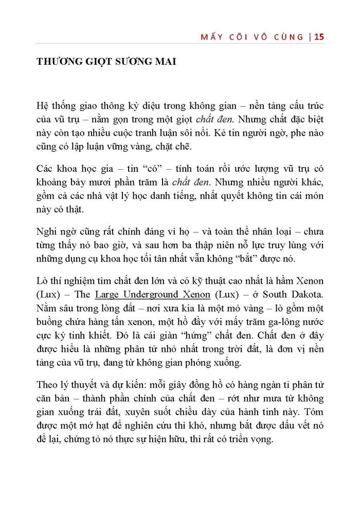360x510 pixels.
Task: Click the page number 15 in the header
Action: (x=318, y=37)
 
